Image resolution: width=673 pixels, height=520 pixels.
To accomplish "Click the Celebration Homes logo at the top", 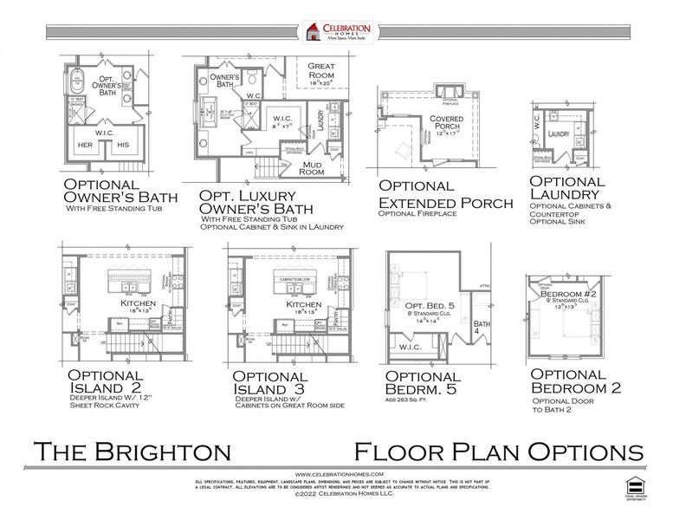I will coord(337,32).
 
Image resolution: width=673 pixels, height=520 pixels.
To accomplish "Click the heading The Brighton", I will coord(133,452).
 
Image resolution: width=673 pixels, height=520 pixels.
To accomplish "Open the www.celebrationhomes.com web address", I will coord(336,474).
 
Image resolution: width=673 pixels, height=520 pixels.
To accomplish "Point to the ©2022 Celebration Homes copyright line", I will coord(336,495).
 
